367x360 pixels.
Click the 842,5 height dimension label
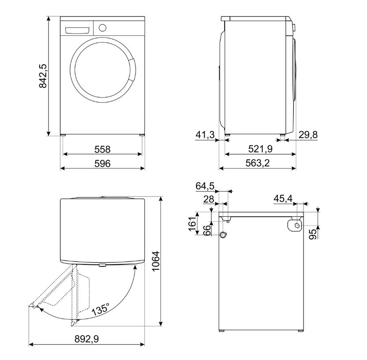point(43,76)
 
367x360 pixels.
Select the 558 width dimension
point(102,149)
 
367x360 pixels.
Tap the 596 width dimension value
point(102,163)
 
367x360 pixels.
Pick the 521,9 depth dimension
point(260,149)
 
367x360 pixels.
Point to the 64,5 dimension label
point(205,186)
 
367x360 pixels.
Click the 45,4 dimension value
point(283,199)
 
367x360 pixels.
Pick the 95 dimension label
point(312,234)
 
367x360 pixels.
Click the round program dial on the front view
point(102,27)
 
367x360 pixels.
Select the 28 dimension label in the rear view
point(208,199)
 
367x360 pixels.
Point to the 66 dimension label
point(205,230)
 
